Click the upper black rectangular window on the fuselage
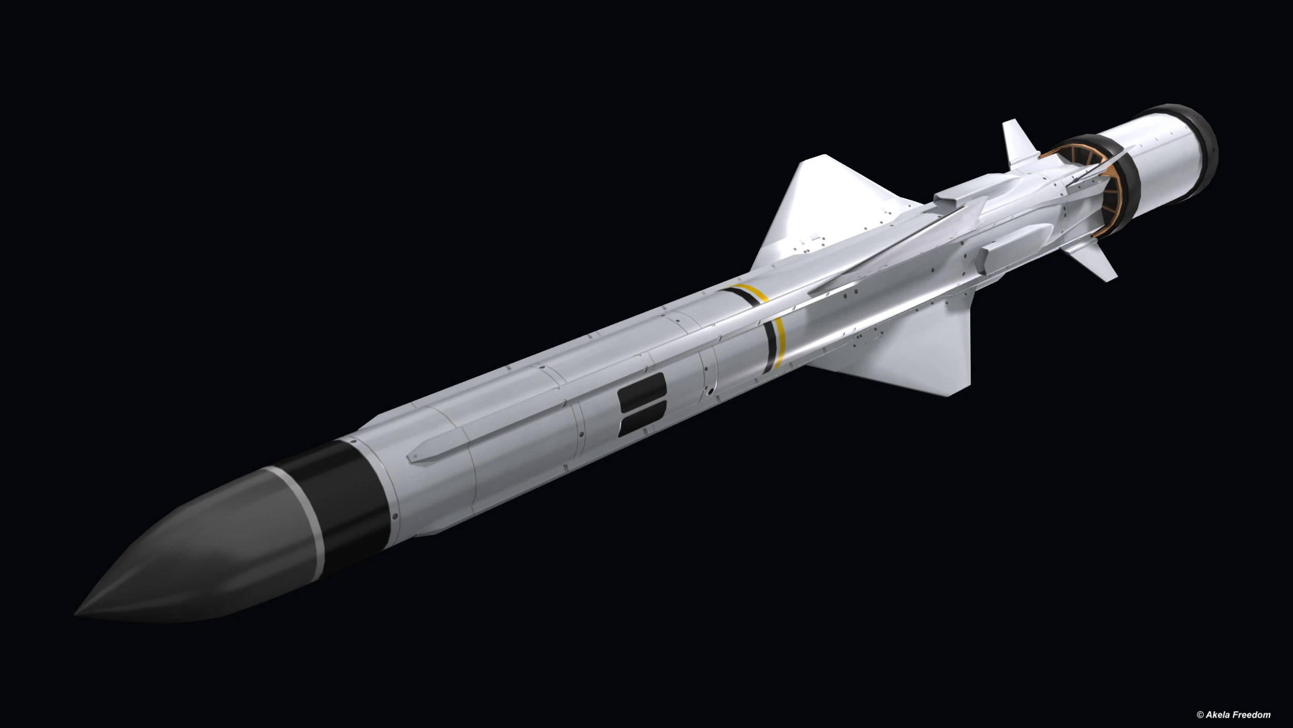(641, 390)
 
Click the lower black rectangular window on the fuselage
(643, 419)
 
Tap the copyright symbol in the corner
(1200, 715)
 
